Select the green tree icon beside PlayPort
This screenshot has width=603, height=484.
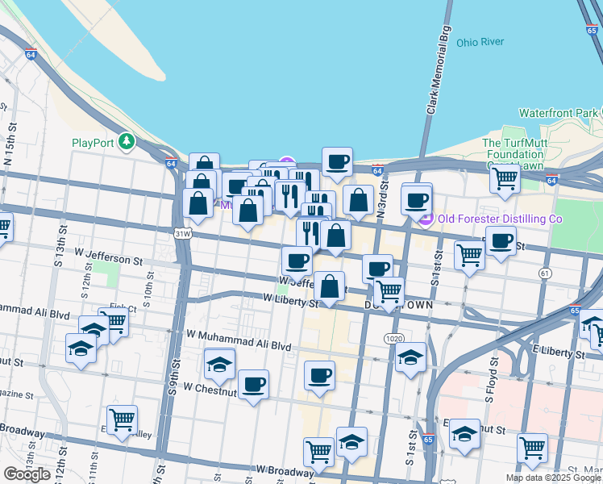coord(127,143)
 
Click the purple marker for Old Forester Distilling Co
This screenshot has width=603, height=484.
coord(426,219)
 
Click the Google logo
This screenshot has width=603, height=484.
coord(27,474)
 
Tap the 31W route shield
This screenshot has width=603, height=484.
coord(183,234)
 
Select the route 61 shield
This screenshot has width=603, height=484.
coord(546,273)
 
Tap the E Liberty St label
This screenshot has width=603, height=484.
coord(558,353)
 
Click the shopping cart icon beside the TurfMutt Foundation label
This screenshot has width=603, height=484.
coord(505,177)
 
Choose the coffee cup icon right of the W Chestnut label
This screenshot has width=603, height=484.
coord(253,384)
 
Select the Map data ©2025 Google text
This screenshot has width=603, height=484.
coord(553,478)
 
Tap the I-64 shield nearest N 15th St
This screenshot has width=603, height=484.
coord(31,55)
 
